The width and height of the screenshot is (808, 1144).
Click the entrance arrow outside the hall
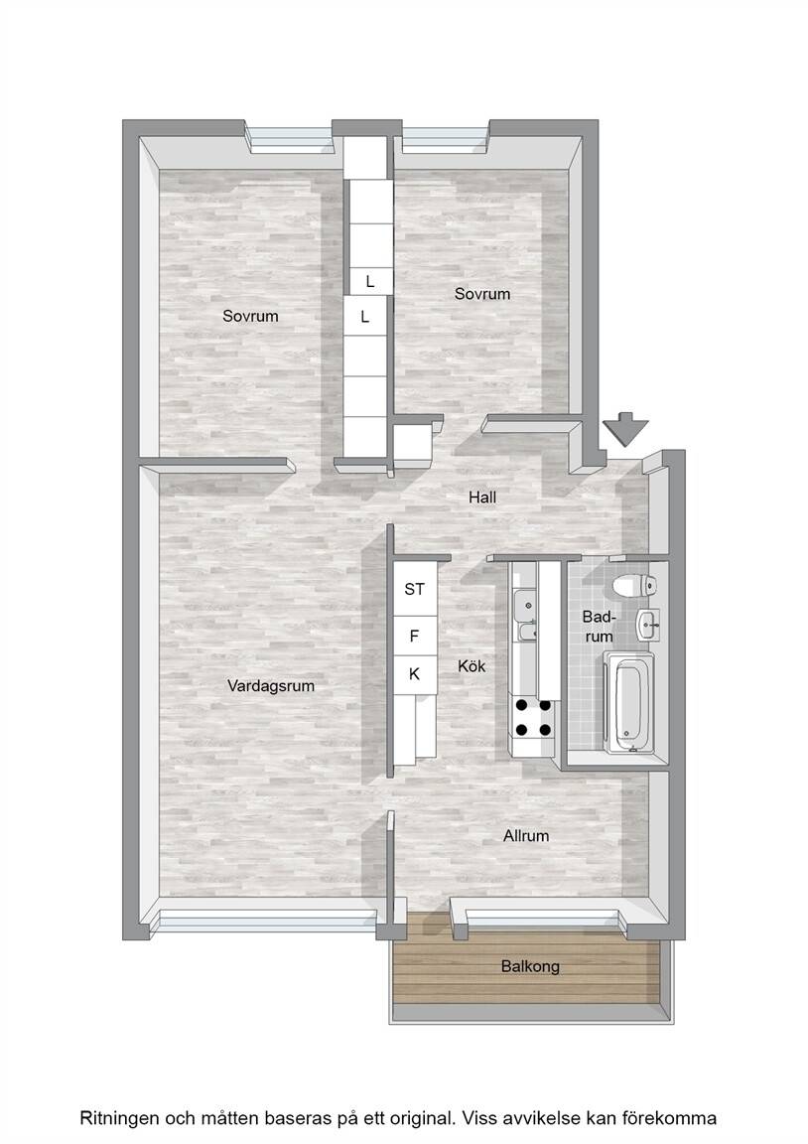622,428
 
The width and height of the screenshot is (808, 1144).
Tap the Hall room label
482,498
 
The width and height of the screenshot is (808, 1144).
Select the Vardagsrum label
271,686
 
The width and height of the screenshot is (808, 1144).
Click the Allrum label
526,835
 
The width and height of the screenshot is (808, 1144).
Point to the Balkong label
530,966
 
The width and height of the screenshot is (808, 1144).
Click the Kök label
471,665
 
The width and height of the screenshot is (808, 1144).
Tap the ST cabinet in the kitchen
414,588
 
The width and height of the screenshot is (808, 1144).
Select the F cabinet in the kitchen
414,637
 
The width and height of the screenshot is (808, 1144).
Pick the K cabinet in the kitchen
414,675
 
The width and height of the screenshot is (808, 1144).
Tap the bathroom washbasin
647,626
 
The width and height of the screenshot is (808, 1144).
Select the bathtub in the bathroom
628,702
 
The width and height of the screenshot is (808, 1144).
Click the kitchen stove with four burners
534,717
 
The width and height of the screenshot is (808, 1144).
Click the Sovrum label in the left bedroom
250,316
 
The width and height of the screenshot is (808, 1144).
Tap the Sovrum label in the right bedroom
482,293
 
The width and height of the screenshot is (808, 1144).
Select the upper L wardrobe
369,281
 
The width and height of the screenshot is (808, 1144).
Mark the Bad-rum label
599,627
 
